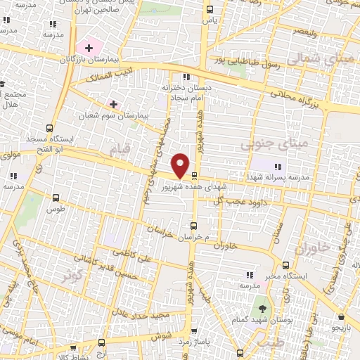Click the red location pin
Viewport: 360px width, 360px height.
click(181, 165)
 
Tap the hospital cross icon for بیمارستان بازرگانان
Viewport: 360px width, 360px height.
click(89, 49)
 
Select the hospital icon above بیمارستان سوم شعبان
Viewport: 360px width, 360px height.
click(113, 103)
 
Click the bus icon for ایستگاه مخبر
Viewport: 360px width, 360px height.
click(285, 265)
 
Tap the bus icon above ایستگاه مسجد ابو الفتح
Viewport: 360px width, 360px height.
click(49, 128)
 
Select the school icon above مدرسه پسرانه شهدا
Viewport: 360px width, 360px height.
click(278, 167)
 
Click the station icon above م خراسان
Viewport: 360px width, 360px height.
click(195, 226)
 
